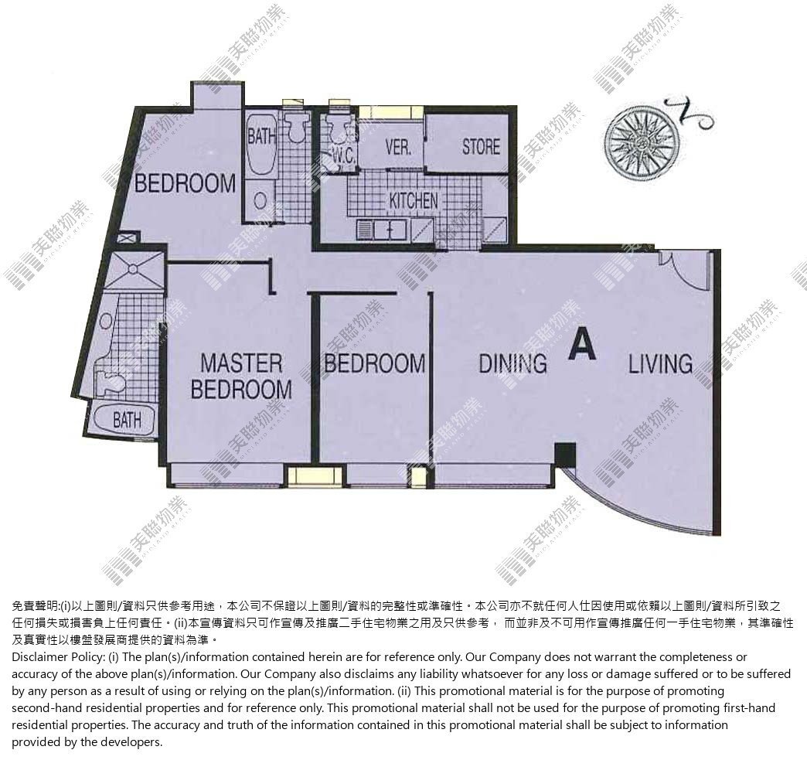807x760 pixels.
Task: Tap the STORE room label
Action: pyautogui.click(x=481, y=147)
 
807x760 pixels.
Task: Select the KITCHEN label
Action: pyautogui.click(x=414, y=201)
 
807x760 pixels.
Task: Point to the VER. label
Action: pyautogui.click(x=398, y=148)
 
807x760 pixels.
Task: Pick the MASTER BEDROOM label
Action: pyautogui.click(x=241, y=377)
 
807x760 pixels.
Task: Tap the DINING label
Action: pyautogui.click(x=512, y=363)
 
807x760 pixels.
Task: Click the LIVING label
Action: pyautogui.click(x=660, y=363)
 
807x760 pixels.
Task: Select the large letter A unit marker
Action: pyautogui.click(x=583, y=345)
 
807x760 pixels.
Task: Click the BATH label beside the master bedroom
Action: pyautogui.click(x=127, y=420)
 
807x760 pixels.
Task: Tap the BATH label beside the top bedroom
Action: pyautogui.click(x=262, y=137)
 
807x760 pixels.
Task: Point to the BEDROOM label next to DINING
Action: pyautogui.click(x=375, y=363)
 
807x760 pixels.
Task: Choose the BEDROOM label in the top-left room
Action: pyautogui.click(x=186, y=183)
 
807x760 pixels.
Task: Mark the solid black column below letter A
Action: pyautogui.click(x=564, y=454)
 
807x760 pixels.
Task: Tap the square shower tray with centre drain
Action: pyautogui.click(x=134, y=268)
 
